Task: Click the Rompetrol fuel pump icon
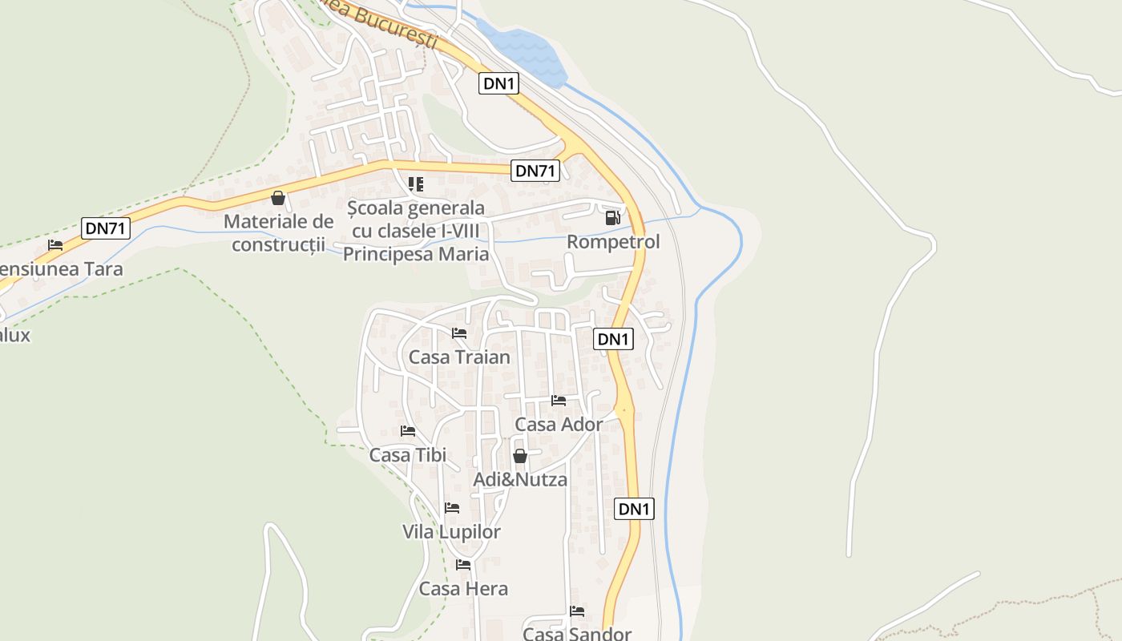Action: click(x=612, y=217)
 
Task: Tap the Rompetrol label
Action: click(x=613, y=242)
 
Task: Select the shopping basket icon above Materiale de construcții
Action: click(x=278, y=198)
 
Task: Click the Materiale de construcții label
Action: click(x=278, y=232)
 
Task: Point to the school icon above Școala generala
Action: click(x=415, y=184)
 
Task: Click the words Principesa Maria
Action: click(x=416, y=254)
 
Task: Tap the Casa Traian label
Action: click(x=459, y=357)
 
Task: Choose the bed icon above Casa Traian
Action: click(x=459, y=333)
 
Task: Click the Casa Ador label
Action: click(x=559, y=424)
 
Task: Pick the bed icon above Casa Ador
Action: click(x=559, y=401)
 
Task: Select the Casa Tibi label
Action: click(x=407, y=455)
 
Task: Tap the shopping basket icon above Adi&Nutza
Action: click(x=519, y=457)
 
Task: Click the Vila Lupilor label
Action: click(x=451, y=532)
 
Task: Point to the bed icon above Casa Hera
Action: click(x=463, y=565)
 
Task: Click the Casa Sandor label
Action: click(x=577, y=634)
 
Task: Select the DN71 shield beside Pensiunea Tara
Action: click(x=106, y=228)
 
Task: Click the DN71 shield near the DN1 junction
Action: click(x=535, y=171)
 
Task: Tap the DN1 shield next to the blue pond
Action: click(x=498, y=83)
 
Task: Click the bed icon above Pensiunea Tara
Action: click(x=55, y=245)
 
